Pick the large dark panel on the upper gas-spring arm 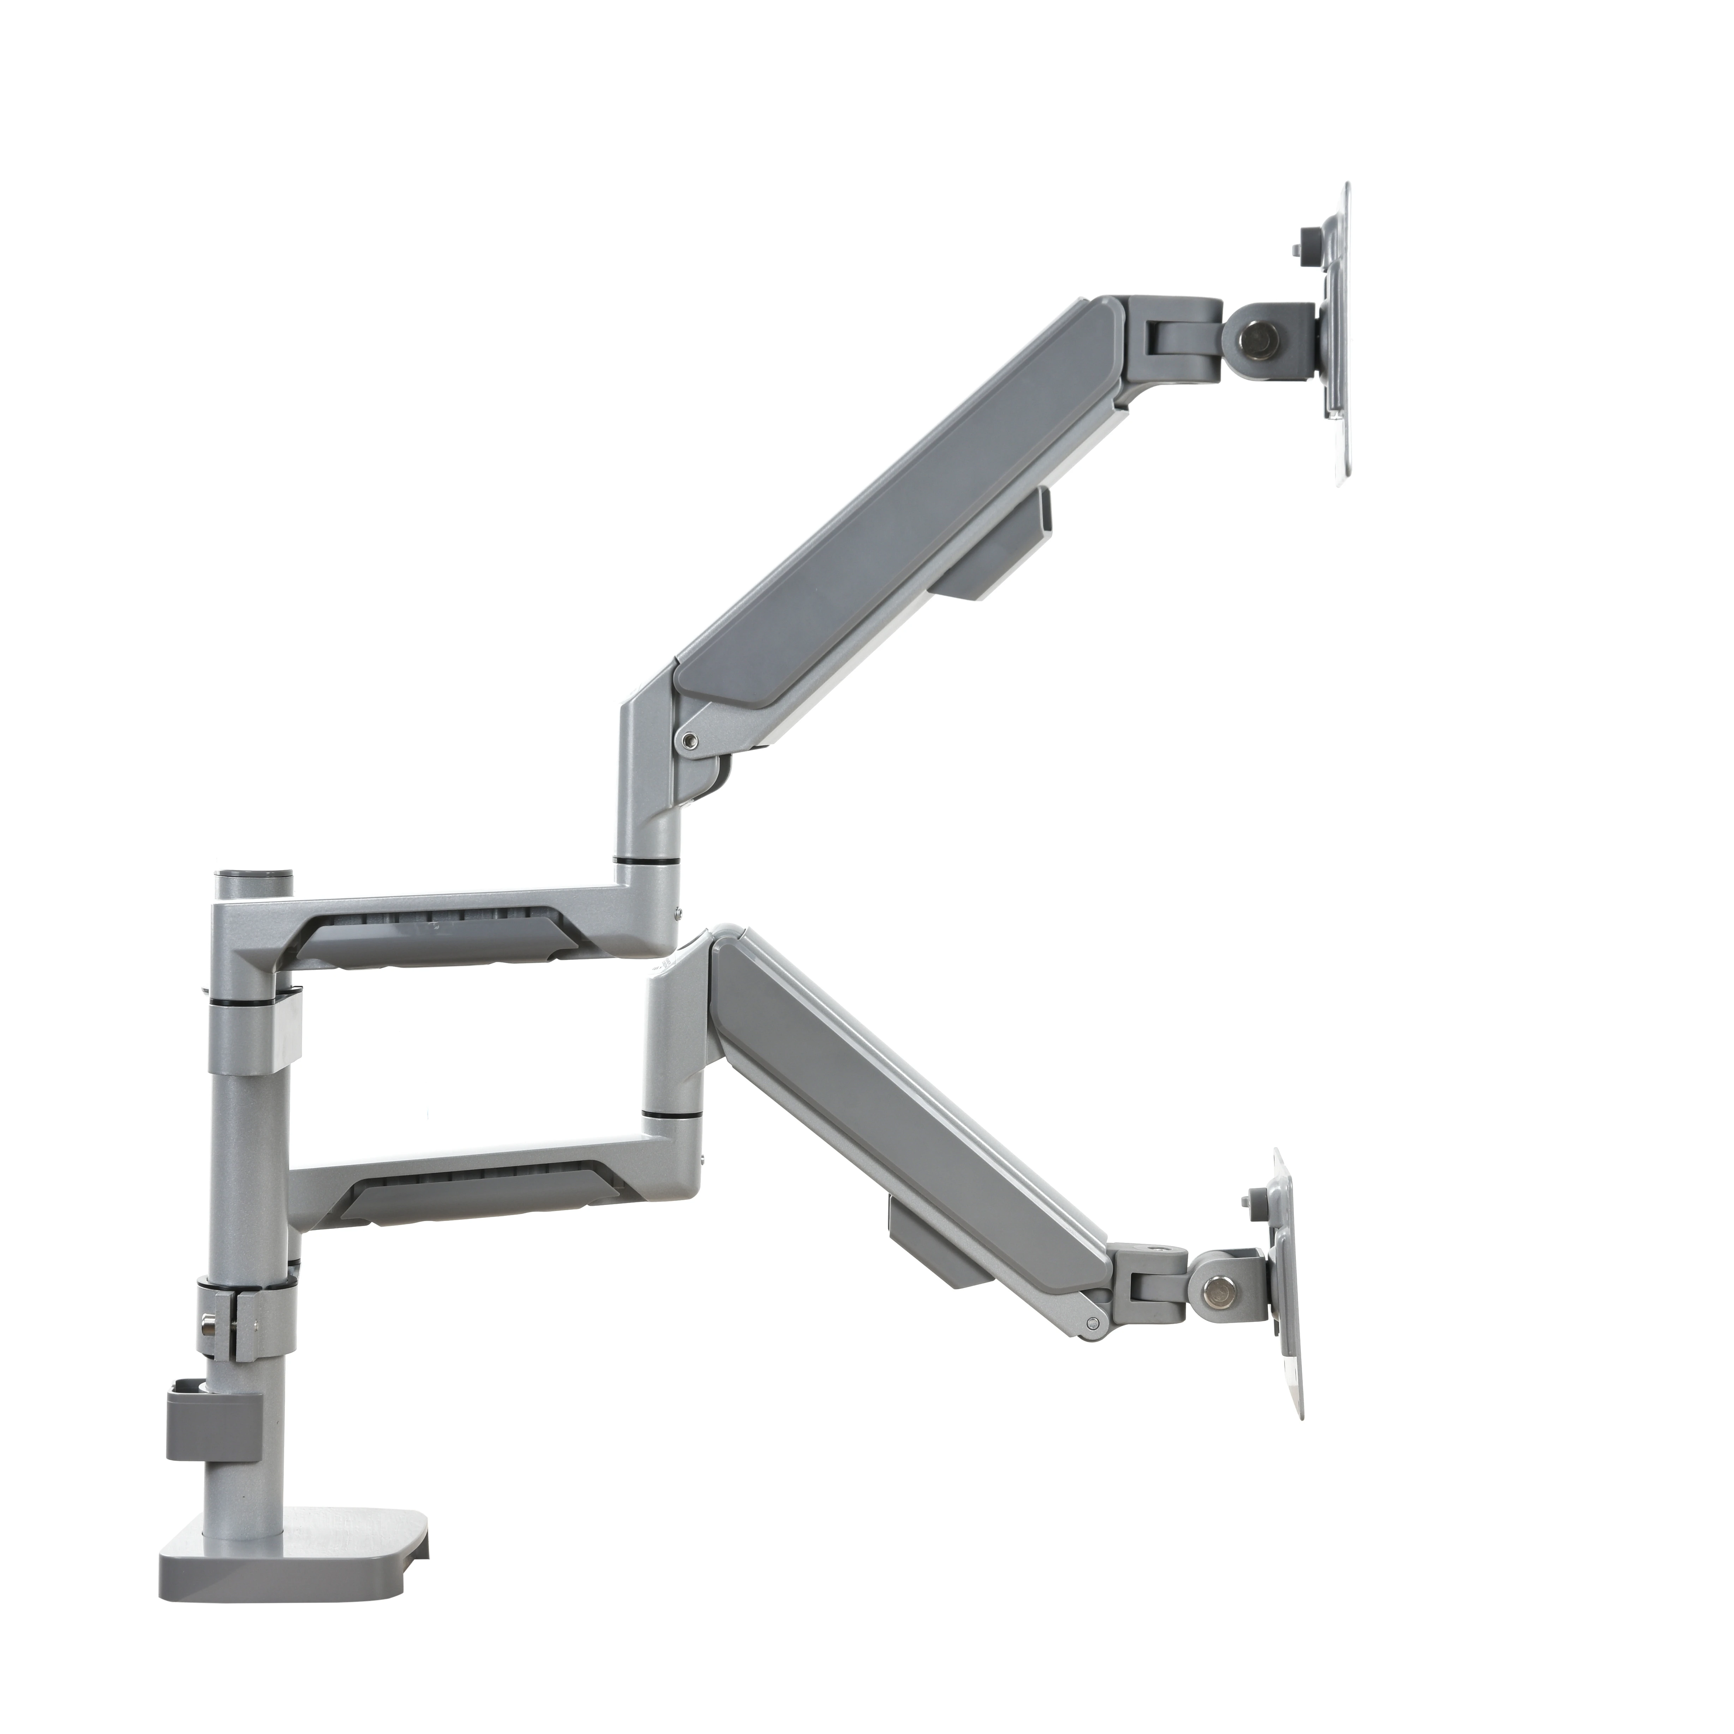coord(897,503)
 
